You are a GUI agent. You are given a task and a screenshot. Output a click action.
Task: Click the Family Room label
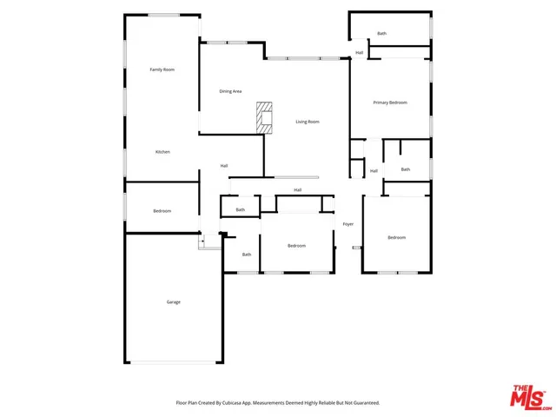pos(162,69)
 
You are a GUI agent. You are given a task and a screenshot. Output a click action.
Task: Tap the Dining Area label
pos(230,91)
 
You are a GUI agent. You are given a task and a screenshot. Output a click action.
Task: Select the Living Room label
pos(307,122)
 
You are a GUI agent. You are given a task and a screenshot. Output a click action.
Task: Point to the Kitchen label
pos(162,152)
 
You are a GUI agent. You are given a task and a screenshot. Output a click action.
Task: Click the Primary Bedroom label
pos(390,103)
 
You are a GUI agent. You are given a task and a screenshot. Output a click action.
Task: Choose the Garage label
pos(174,301)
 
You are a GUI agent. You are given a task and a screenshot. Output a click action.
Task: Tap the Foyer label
pos(348,224)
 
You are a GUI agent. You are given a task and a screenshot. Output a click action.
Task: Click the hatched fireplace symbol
pos(264,116)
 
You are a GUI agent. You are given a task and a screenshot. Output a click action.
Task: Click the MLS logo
pos(529,396)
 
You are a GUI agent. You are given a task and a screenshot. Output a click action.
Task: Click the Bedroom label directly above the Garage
pos(162,211)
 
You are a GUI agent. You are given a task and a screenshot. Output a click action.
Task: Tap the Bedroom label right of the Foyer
pos(397,237)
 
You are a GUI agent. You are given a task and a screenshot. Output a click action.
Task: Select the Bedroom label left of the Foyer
pos(297,246)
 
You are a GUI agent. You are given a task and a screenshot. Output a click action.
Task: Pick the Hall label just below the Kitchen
pos(224,165)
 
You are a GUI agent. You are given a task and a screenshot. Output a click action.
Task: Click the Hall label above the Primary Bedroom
pos(360,52)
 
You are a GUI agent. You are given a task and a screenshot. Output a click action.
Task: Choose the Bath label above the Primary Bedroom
pos(381,33)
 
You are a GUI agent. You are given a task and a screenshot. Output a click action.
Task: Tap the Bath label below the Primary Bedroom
pos(406,169)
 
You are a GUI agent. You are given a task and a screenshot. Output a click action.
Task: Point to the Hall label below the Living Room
pos(297,189)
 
